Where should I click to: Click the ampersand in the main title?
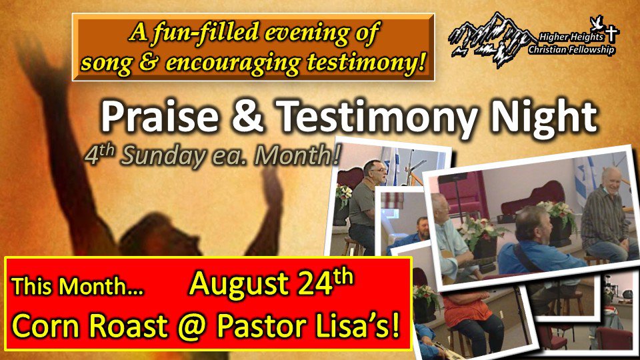coord(247,117)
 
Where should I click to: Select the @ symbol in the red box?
coord(191,327)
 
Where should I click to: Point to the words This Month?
coord(77,286)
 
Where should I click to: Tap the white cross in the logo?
coord(611,33)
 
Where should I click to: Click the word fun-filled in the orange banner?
coord(205,32)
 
